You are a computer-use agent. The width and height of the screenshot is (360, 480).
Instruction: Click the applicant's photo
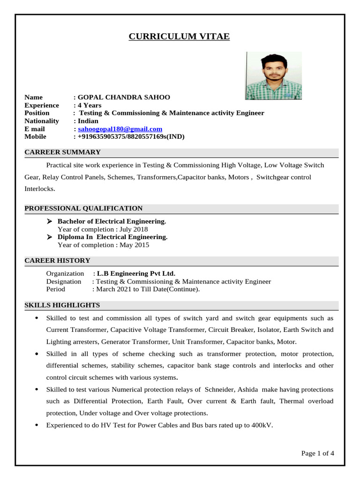(x=273, y=76)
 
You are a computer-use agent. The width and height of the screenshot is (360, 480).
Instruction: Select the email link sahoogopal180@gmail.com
(x=120, y=129)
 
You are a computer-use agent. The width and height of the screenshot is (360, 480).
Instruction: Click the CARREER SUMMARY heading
(x=62, y=152)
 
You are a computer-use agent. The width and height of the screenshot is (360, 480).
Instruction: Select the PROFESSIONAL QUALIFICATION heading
(x=83, y=209)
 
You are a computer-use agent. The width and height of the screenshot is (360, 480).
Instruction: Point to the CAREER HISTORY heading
(x=57, y=261)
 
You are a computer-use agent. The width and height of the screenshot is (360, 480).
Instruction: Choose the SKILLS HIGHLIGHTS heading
(x=62, y=305)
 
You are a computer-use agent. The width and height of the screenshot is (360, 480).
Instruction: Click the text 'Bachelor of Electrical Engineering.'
(x=112, y=221)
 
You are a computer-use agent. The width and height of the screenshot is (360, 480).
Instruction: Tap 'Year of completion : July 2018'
(x=103, y=229)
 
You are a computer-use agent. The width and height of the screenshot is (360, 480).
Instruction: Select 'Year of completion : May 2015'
(x=103, y=245)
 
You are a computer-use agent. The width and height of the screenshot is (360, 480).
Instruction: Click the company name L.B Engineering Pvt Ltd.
(x=136, y=273)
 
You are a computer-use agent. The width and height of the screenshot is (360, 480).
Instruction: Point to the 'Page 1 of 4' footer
(x=317, y=453)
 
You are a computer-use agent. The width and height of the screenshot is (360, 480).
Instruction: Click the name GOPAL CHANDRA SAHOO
(x=124, y=97)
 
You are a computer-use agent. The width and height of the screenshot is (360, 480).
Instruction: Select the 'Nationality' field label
(x=42, y=121)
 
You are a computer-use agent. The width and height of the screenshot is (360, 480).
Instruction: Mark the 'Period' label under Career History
(x=56, y=289)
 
